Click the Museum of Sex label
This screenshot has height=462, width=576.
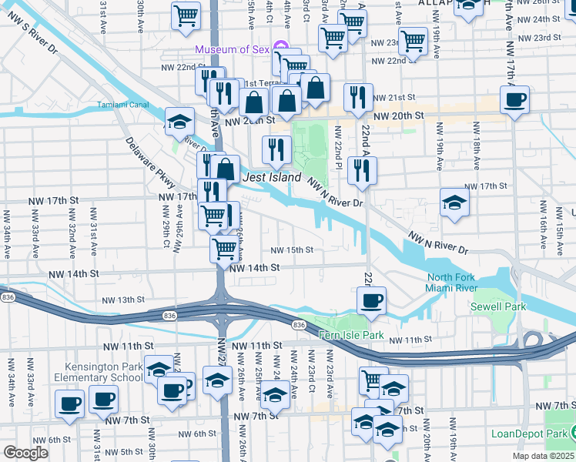click(232, 50)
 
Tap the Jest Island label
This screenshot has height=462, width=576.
click(271, 178)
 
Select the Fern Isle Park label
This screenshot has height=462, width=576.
click(351, 336)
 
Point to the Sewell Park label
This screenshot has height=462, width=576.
click(498, 306)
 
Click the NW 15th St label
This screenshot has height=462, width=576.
click(292, 250)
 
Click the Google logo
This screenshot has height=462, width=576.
click(26, 453)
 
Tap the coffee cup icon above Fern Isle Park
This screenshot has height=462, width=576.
click(372, 300)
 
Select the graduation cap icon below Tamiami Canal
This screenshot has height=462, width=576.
click(179, 122)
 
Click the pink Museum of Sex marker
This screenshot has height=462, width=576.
click(280, 49)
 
